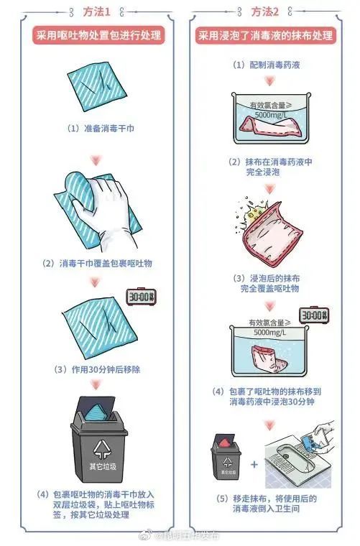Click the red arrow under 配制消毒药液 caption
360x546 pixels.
pyautogui.click(x=269, y=81)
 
